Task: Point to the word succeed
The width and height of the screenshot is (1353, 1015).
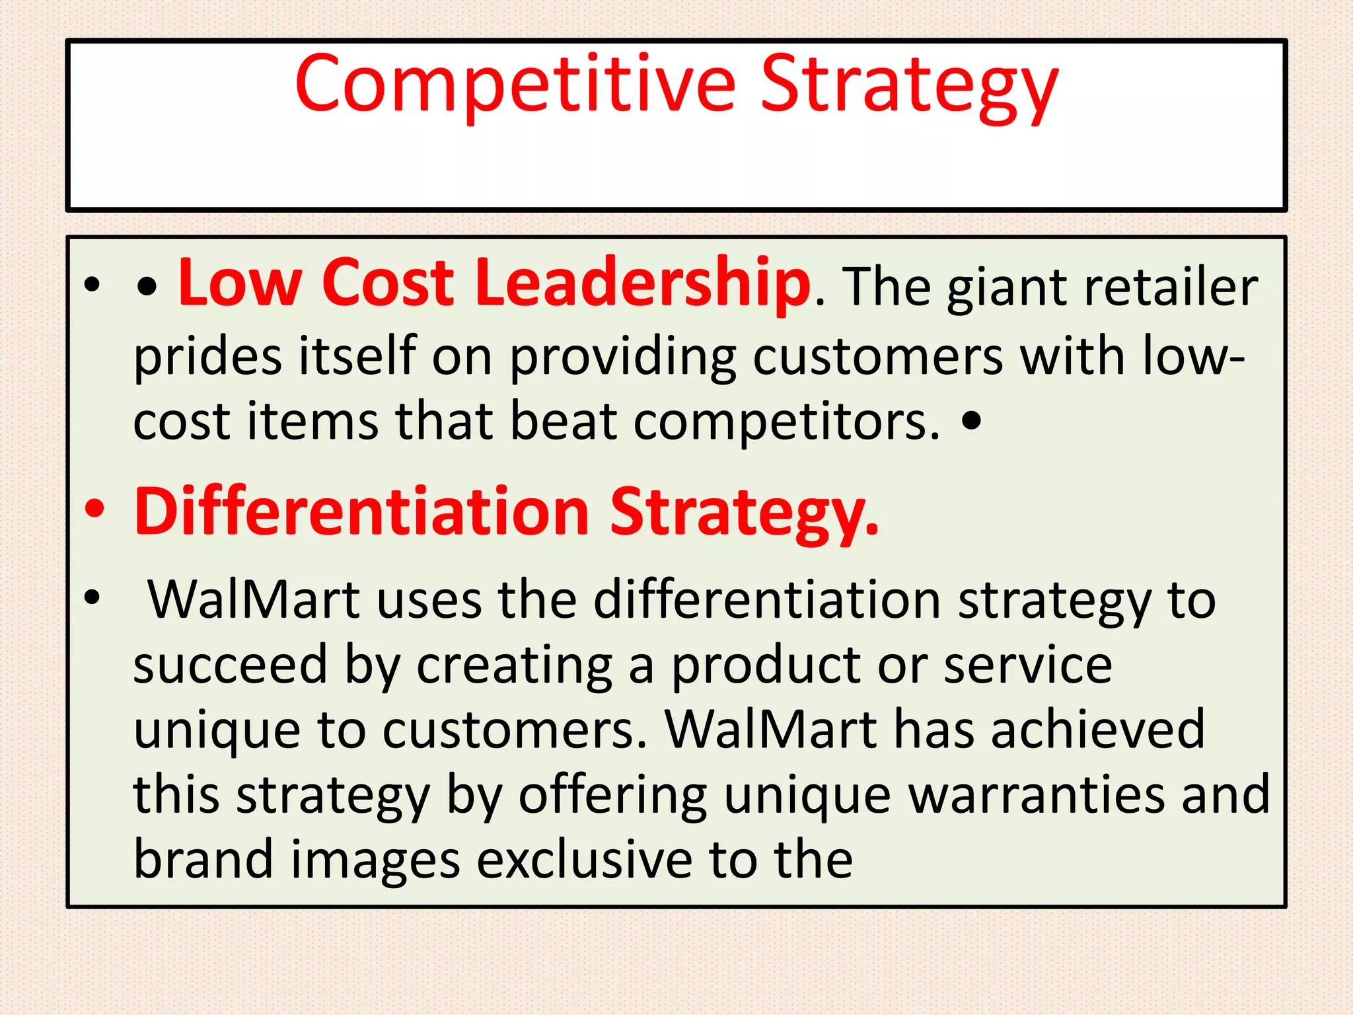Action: (x=230, y=665)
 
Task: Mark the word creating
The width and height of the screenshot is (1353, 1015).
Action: (x=515, y=665)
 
